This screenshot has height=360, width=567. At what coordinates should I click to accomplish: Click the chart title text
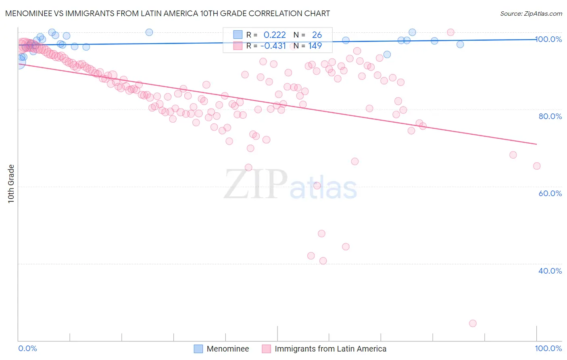tap(167, 13)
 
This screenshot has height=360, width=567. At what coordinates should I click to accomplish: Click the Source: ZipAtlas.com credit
tap(531, 13)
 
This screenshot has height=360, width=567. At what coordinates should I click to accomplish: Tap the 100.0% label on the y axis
tap(549, 39)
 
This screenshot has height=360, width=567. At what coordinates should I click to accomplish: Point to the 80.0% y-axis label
tap(550, 116)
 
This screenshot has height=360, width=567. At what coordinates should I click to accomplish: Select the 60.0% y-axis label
tap(550, 193)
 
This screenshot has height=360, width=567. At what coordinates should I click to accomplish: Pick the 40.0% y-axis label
tap(550, 271)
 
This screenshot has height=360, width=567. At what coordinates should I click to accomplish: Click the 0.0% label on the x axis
tap(27, 348)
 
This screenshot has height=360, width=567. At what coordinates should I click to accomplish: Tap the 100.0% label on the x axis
tap(548, 348)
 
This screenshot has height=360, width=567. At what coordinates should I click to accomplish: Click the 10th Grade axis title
tap(11, 184)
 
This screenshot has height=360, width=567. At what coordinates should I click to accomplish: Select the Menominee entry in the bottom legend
tap(227, 349)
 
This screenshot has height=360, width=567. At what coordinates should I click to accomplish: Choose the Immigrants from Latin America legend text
tap(330, 349)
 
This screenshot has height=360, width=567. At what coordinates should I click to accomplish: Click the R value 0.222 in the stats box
tap(275, 35)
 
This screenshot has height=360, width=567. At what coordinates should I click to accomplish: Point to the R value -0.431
tap(273, 46)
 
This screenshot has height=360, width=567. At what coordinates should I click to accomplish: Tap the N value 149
tap(315, 46)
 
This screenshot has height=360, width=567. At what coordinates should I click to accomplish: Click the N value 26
tap(317, 35)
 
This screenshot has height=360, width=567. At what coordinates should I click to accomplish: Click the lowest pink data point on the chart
tap(473, 323)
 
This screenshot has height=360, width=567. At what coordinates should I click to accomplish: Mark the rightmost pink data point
tap(536, 166)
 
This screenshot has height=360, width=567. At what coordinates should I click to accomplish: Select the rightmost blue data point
tap(460, 44)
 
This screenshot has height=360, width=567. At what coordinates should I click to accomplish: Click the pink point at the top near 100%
tap(450, 32)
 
